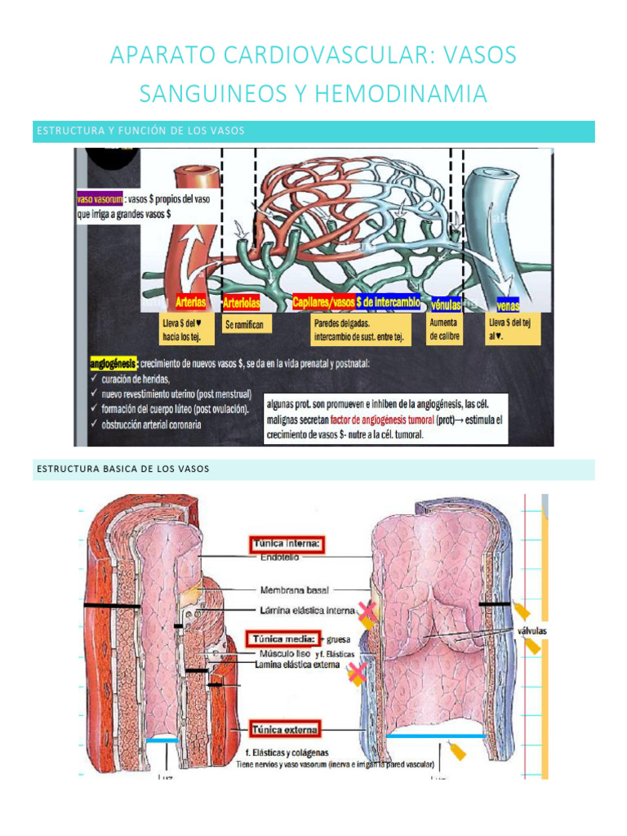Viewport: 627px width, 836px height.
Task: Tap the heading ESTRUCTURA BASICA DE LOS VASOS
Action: pyautogui.click(x=123, y=469)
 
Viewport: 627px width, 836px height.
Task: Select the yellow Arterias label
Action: pyautogui.click(x=191, y=302)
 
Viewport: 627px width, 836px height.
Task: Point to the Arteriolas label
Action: pyautogui.click(x=242, y=303)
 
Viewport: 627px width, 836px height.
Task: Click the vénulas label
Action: pyautogui.click(x=446, y=304)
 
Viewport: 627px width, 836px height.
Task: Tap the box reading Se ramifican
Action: pyautogui.click(x=245, y=325)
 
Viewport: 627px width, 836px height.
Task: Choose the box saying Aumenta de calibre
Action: pyautogui.click(x=444, y=330)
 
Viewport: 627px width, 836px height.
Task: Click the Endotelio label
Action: pyautogui.click(x=279, y=558)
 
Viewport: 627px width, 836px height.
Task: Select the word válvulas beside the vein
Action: pyautogui.click(x=531, y=631)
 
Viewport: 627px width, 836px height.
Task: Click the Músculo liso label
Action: pyautogui.click(x=282, y=654)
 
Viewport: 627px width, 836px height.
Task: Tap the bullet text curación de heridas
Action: pyautogui.click(x=136, y=379)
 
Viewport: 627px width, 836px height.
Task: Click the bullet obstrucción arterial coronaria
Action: pyautogui.click(x=153, y=424)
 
